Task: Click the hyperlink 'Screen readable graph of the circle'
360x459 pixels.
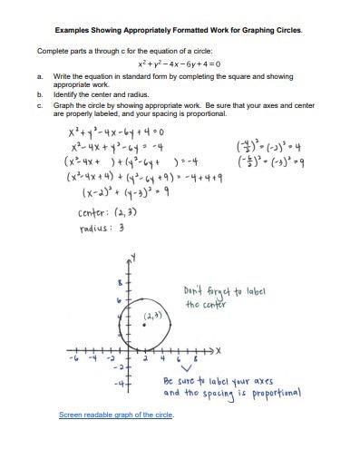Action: click(x=115, y=415)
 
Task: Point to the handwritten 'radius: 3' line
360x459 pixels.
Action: click(x=91, y=229)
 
